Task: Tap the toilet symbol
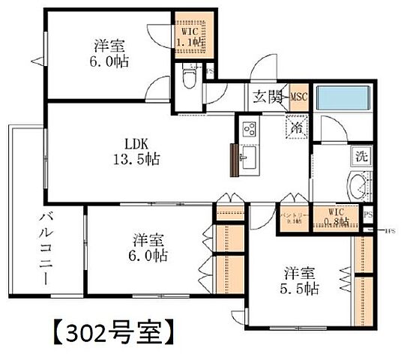[x=189, y=75]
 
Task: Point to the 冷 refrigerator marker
[x=297, y=128]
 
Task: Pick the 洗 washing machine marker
[x=361, y=157]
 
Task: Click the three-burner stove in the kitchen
[x=249, y=129]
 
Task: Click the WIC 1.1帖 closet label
[x=189, y=37]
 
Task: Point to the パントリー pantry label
[x=292, y=217]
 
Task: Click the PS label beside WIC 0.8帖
[x=367, y=216]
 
